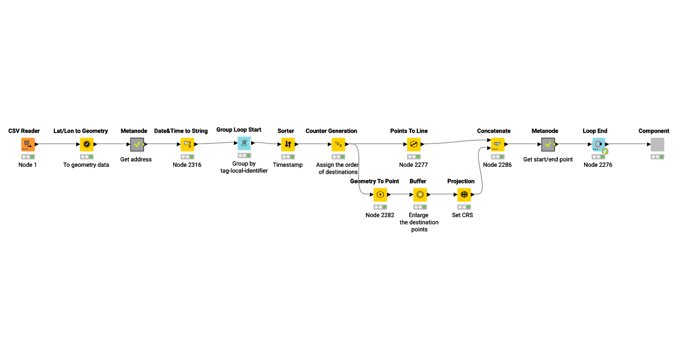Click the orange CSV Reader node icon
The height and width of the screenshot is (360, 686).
(x=28, y=145)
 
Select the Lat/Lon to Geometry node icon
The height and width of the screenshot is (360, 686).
(x=87, y=145)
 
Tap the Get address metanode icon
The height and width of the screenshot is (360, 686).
(x=137, y=145)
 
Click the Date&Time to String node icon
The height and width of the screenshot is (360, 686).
(x=187, y=145)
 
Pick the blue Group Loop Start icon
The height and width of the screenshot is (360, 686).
(x=245, y=143)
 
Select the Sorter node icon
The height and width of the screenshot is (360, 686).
(x=288, y=145)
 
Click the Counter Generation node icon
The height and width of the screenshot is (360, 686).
(x=338, y=145)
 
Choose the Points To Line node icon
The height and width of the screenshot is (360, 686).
(x=414, y=145)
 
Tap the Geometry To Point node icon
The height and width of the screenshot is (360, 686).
(x=380, y=195)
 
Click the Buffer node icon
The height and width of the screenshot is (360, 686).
(x=420, y=195)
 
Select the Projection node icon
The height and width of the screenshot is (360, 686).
(x=464, y=195)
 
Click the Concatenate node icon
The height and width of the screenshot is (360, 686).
(x=498, y=145)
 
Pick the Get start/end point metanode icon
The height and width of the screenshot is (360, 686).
(x=548, y=145)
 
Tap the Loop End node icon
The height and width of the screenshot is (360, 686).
(x=599, y=145)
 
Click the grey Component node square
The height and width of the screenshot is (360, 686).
(x=657, y=145)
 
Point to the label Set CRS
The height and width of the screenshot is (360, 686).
(x=462, y=215)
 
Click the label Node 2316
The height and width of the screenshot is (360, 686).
(x=187, y=165)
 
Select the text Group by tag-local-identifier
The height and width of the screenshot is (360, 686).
(x=244, y=167)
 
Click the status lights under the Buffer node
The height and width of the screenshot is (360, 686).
(x=420, y=207)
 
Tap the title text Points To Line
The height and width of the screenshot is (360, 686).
(x=409, y=131)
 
